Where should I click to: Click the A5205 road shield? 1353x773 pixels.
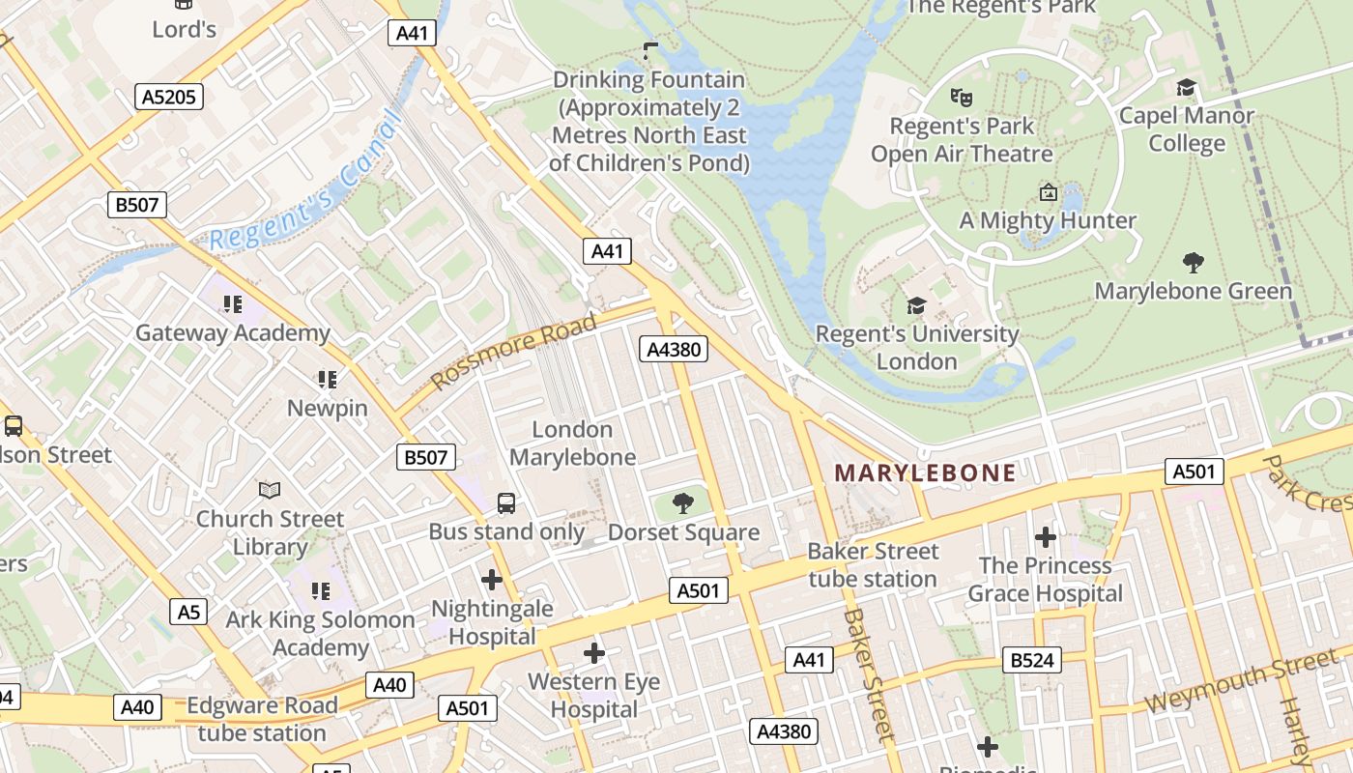point(168,97)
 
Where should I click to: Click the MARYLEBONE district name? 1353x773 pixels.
point(925,472)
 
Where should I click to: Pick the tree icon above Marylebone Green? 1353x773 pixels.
point(1193,262)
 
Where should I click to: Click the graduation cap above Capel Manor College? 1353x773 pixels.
point(1186,88)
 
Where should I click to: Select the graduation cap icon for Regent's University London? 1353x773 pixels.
point(915,306)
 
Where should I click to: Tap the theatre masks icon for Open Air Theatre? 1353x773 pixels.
point(960,98)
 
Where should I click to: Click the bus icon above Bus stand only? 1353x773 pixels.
point(506,503)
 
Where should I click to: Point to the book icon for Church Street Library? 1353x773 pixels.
point(270,491)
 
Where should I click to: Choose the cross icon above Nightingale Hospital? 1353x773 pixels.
point(492,580)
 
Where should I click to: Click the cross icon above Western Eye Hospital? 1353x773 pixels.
point(594,654)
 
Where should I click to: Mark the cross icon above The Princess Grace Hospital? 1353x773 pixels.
point(1045,536)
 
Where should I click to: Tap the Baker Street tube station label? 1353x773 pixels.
point(873,565)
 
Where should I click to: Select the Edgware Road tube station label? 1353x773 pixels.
point(262,719)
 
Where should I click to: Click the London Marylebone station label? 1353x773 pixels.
point(572,444)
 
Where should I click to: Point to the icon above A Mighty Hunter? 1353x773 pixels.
point(1048,192)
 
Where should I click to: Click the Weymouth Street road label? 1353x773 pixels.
point(1241,681)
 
